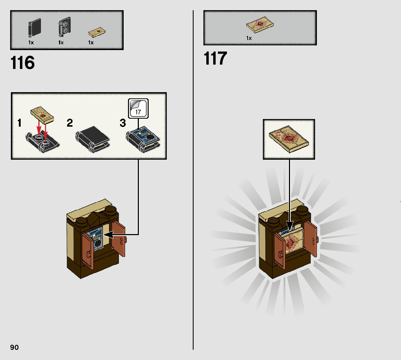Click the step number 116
click(x=22, y=63)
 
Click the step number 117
click(x=215, y=58)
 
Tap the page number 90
click(x=15, y=347)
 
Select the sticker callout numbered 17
click(x=138, y=108)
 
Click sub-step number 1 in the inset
click(x=19, y=123)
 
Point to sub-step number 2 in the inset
click(x=70, y=123)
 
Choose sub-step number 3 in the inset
click(x=123, y=123)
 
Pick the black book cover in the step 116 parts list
click(x=34, y=28)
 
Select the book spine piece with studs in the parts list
click(x=64, y=28)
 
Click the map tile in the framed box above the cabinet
click(x=289, y=138)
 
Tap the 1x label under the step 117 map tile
click(x=249, y=38)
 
